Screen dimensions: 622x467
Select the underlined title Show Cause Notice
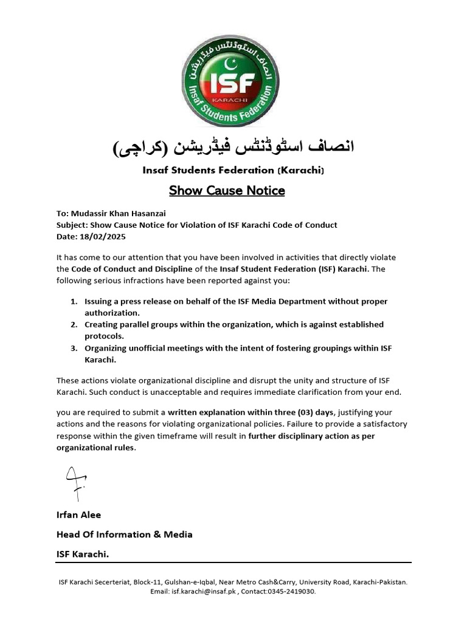coord(227,191)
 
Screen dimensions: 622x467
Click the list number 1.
coord(73,301)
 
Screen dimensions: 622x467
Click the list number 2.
coord(73,324)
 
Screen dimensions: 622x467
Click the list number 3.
coord(73,348)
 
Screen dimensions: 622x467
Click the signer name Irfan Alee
coord(78,514)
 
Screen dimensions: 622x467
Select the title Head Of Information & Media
coord(124,535)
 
